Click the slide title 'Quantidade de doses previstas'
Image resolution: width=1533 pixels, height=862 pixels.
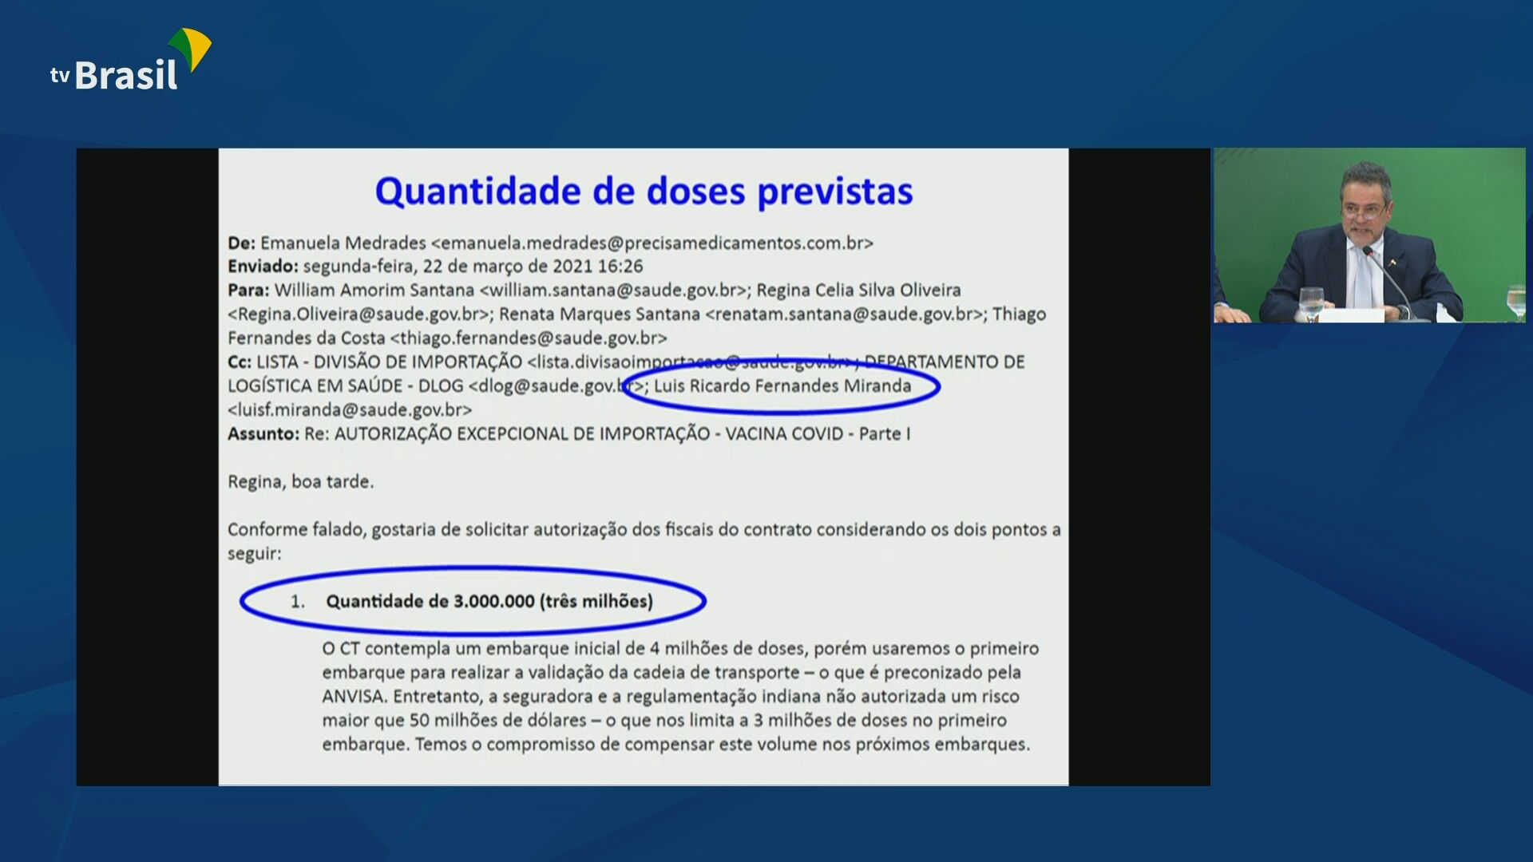[x=644, y=192]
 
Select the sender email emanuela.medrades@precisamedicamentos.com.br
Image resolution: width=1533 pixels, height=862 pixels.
[x=652, y=243]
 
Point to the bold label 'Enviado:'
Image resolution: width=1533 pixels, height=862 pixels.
[x=263, y=267]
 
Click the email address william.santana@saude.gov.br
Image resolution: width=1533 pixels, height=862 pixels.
[x=613, y=291]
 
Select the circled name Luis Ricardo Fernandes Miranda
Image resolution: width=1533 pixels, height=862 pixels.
[x=782, y=386]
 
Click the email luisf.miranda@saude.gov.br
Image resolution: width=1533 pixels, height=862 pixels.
[x=350, y=410]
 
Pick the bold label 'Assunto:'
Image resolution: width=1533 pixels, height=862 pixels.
[x=263, y=434]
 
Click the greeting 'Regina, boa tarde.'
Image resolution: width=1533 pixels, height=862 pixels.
[x=300, y=482]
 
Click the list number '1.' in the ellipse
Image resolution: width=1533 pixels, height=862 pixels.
[x=298, y=602]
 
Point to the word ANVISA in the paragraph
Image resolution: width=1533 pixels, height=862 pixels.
[x=355, y=697]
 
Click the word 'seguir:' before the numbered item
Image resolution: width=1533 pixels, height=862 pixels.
[x=254, y=554]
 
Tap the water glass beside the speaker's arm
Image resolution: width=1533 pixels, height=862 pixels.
[x=1311, y=304]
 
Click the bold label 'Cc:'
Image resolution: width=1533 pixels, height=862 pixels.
[x=240, y=362]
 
